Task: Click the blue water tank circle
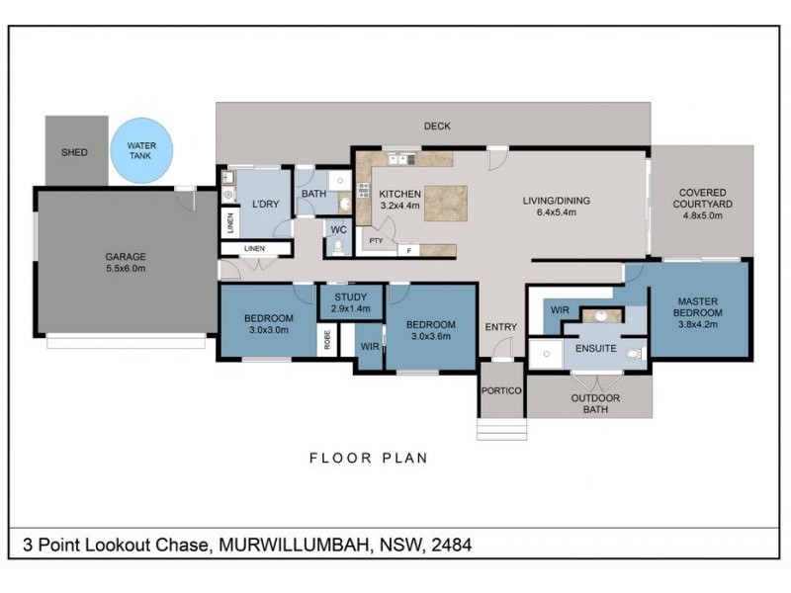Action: [x=141, y=151]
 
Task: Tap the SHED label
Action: [x=74, y=152]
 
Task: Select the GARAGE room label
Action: [x=126, y=256]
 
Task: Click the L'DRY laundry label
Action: [x=264, y=204]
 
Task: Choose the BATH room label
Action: [x=313, y=194]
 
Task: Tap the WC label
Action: [x=338, y=229]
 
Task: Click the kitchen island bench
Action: [x=446, y=202]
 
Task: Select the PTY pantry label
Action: [x=376, y=239]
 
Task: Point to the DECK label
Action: [x=437, y=126]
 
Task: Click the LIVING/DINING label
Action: [x=556, y=201]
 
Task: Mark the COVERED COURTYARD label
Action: [x=702, y=199]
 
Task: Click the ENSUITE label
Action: [x=597, y=349]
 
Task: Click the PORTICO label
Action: [x=501, y=390]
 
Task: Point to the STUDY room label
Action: [x=350, y=296]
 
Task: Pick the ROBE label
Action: [x=326, y=340]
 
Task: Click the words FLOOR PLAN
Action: [x=368, y=458]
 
